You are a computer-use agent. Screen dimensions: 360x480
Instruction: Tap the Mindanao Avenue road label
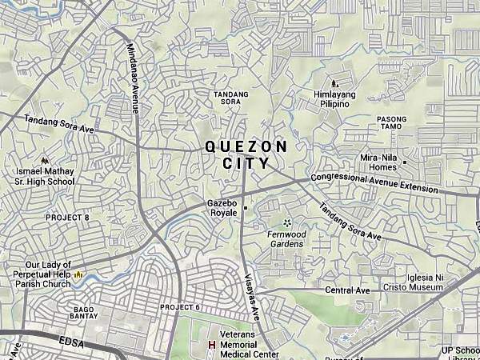(132, 78)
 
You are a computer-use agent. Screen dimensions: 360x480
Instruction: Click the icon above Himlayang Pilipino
(334, 82)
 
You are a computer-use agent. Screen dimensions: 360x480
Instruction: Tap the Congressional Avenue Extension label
(374, 182)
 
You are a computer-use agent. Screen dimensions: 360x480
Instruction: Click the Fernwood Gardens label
(286, 238)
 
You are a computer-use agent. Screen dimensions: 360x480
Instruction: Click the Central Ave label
(348, 290)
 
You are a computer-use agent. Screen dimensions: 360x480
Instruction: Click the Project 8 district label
(67, 218)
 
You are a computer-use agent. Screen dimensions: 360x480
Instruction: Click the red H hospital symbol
(212, 345)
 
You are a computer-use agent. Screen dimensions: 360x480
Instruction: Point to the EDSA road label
(71, 341)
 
